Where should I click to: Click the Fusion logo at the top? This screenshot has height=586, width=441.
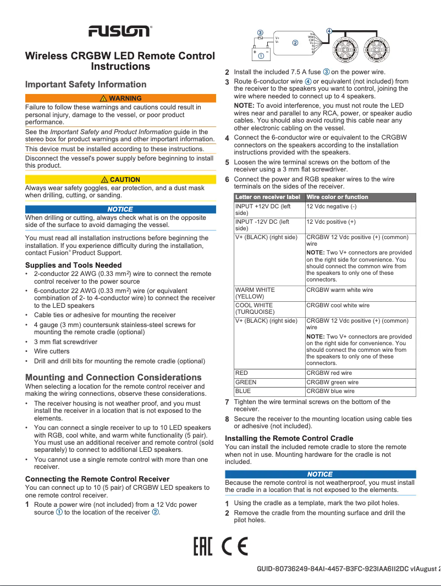tap(120, 31)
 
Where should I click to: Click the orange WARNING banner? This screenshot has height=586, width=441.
tap(120, 98)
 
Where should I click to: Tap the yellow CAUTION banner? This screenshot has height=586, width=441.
tap(120, 180)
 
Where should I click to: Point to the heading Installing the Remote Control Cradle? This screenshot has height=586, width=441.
tap(289, 438)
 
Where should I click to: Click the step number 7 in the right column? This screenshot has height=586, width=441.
tap(227, 402)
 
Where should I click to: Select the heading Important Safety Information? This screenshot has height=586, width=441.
tap(86, 84)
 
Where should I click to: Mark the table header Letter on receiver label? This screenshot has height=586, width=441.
tap(267, 197)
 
